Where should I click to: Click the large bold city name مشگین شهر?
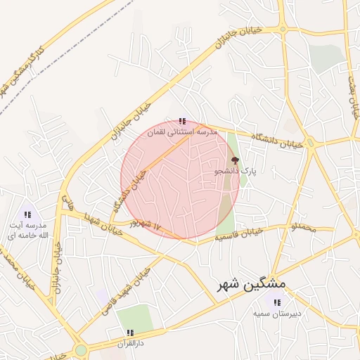coord(253,284)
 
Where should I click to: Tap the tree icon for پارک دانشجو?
coord(235,160)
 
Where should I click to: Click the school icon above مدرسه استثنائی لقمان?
coord(183,122)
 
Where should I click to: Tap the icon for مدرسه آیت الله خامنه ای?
coord(28,214)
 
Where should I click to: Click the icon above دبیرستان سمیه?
coord(277,302)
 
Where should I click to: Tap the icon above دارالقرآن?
coord(130,332)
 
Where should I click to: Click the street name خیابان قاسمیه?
coord(239,234)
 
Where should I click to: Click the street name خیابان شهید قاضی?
coord(129,290)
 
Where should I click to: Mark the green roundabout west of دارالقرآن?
coord(82,349)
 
